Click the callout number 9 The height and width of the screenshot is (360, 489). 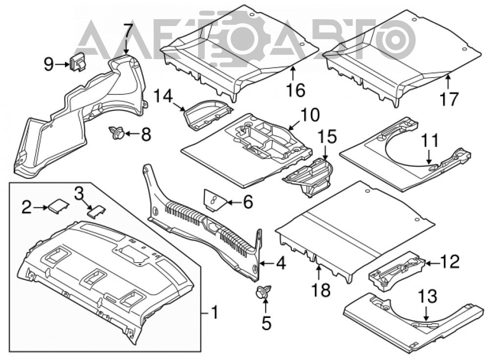point(48,65)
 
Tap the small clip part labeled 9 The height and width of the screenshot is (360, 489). point(78,62)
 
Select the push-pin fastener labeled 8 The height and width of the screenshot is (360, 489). point(116,133)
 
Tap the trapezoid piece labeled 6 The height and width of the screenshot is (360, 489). point(215,200)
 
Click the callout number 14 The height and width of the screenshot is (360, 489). point(163,97)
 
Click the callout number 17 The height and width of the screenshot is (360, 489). point(449,99)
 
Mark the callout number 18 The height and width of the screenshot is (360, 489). point(322,290)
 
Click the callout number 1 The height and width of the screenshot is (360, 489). point(215,312)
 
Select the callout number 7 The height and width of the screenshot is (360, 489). point(128,31)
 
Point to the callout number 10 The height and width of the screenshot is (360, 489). point(310,115)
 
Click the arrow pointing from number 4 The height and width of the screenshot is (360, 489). point(267,264)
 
